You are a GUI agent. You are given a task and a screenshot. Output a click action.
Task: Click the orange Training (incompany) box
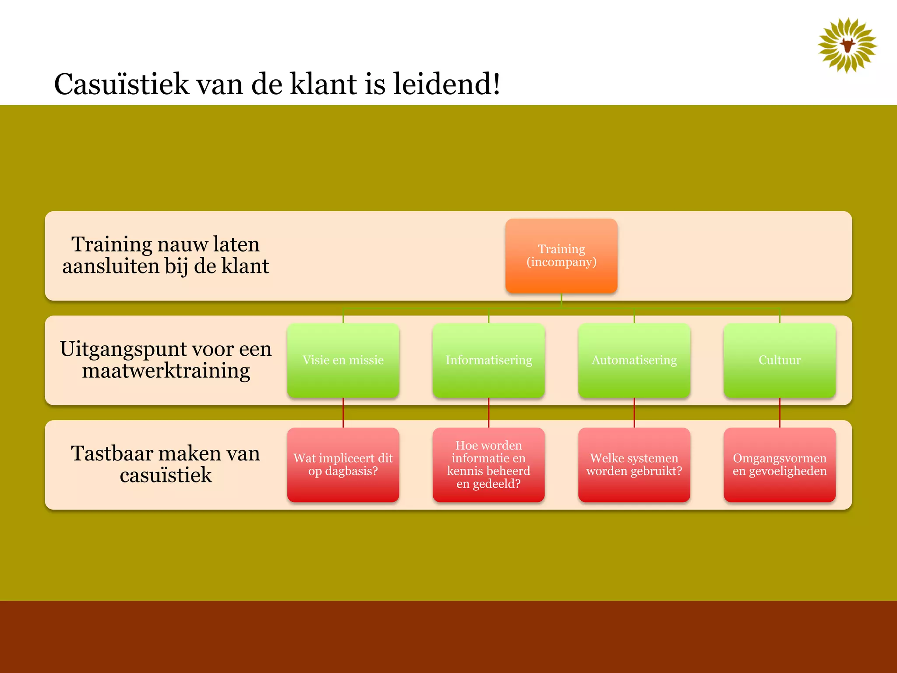(x=561, y=255)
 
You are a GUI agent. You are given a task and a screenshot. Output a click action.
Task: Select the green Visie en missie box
(x=343, y=360)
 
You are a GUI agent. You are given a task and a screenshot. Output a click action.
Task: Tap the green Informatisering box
(x=488, y=360)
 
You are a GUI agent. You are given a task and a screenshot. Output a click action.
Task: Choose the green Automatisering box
(x=634, y=360)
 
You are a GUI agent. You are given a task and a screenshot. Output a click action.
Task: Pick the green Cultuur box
(x=779, y=360)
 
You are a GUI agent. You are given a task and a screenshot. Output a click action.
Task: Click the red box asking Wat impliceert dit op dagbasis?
(x=343, y=464)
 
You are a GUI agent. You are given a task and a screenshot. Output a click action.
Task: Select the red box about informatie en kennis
(x=488, y=464)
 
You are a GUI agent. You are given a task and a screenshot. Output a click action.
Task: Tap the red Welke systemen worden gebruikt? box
(x=634, y=464)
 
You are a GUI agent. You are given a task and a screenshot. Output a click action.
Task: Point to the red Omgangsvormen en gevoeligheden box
(x=779, y=464)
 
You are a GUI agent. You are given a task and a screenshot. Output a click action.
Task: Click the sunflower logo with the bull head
(x=847, y=45)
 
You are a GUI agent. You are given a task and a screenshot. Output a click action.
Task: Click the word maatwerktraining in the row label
(x=166, y=371)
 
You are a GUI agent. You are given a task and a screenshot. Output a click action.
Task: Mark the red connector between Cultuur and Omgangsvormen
(x=780, y=413)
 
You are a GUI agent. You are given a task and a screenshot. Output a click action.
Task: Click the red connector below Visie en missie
(x=343, y=413)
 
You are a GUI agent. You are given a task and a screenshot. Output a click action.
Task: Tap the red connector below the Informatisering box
(x=488, y=413)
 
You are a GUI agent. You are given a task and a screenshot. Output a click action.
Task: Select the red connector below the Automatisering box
(x=634, y=413)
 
